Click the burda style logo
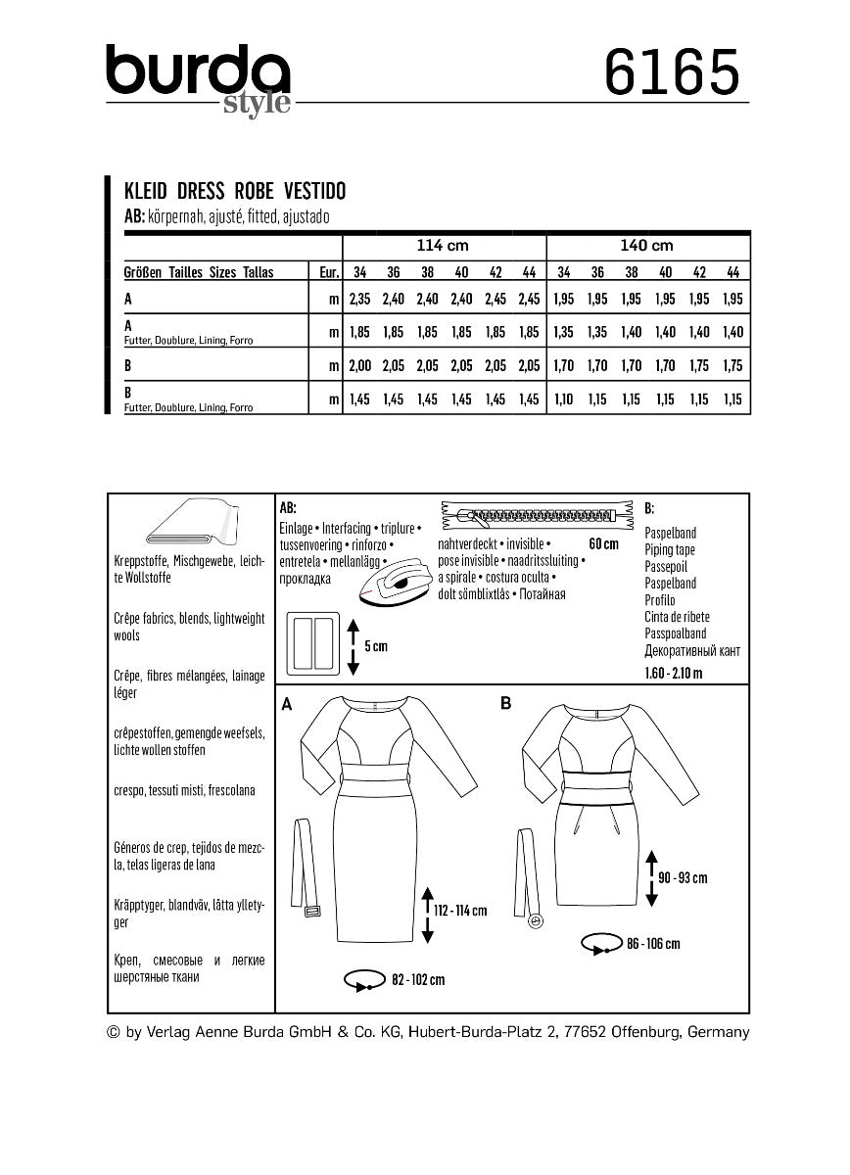[x=199, y=78]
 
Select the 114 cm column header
[x=444, y=246]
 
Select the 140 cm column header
[x=648, y=246]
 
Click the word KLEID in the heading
[x=144, y=192]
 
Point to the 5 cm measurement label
[x=377, y=646]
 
